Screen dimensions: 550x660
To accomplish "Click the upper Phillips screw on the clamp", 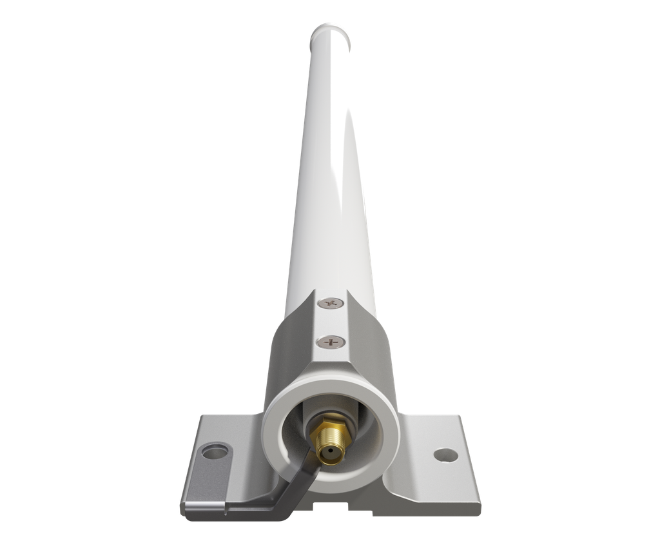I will point(333,302).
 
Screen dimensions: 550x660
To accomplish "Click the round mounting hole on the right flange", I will point(443,455).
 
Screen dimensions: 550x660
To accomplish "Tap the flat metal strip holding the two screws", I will point(331,322).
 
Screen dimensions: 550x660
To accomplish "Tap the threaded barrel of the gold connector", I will point(329,445).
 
